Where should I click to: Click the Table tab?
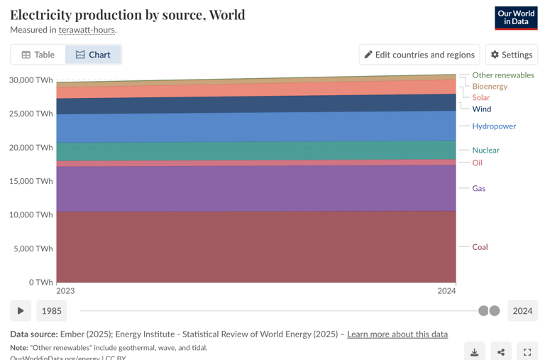[x=38, y=55]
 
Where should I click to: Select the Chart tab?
[x=93, y=55]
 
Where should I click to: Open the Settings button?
[x=511, y=55]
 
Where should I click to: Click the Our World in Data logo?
[x=516, y=18]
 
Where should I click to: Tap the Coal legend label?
[x=480, y=247]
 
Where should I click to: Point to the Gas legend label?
[x=479, y=188]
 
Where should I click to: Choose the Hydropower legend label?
[x=494, y=126]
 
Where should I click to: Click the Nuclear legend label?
[x=485, y=150]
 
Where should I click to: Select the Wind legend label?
[x=481, y=109]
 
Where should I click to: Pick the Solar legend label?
[x=480, y=97]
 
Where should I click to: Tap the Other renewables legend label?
[x=503, y=75]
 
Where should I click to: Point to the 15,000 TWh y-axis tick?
[x=31, y=181]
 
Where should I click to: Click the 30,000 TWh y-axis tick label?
[x=31, y=80]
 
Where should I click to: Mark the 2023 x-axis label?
[x=65, y=291]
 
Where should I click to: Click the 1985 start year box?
[x=52, y=311]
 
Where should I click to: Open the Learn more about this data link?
[x=397, y=334]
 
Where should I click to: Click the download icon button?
[x=475, y=352]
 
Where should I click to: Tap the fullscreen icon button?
[x=527, y=352]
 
